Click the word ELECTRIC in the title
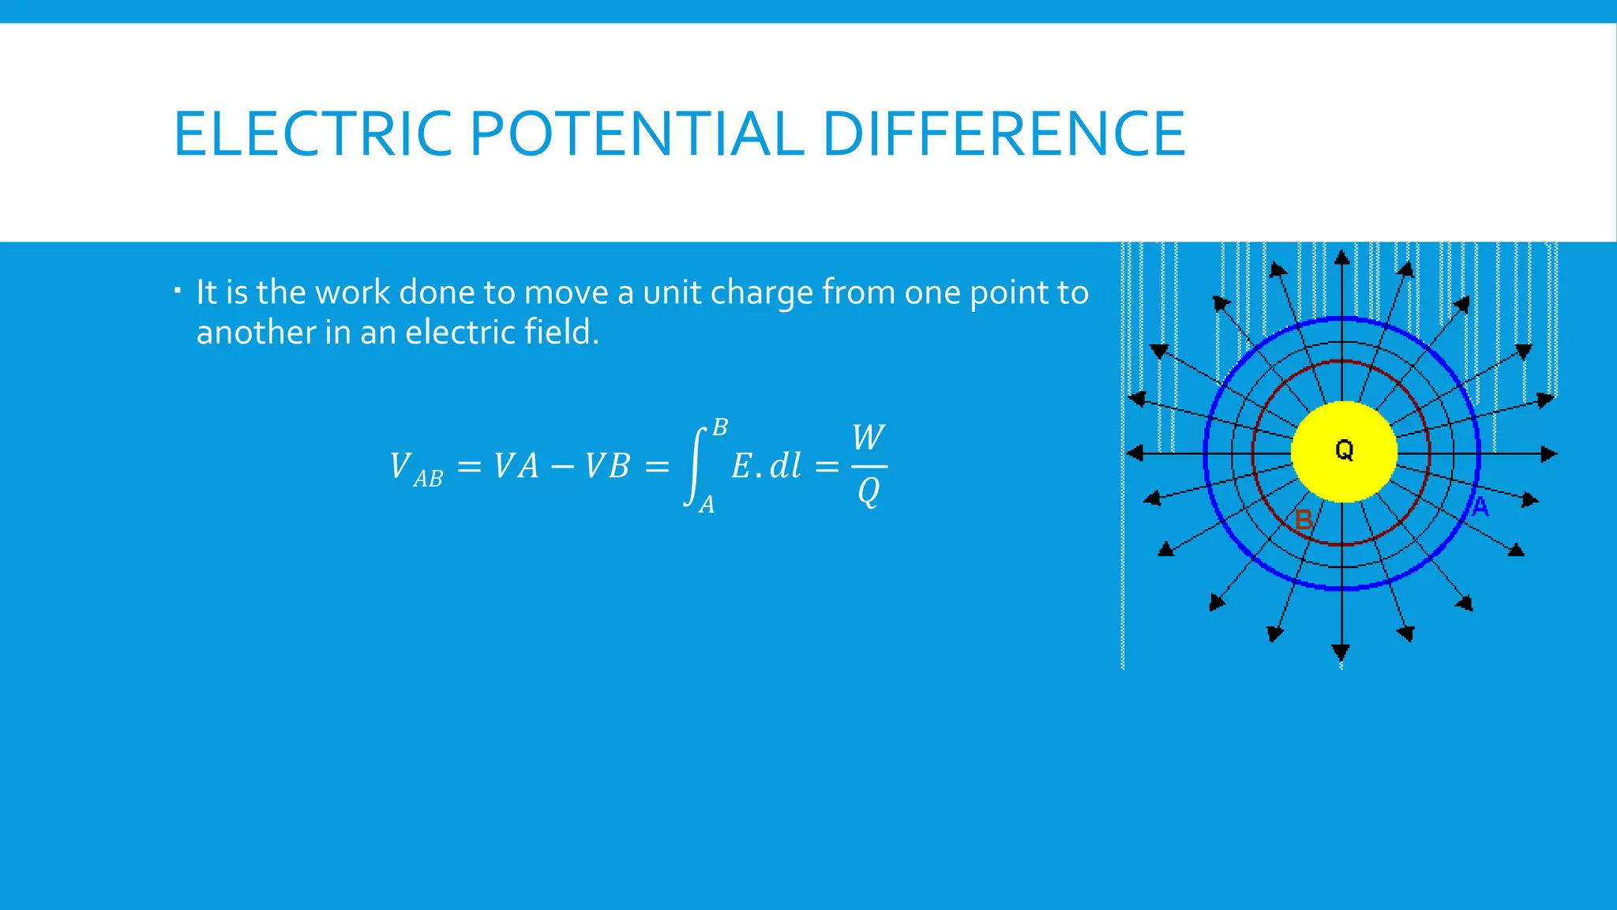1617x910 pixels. [313, 134]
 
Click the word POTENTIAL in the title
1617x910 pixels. [636, 134]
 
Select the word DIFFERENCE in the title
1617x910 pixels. [1004, 134]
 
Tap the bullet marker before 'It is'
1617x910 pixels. [178, 291]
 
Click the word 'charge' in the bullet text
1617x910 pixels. [761, 293]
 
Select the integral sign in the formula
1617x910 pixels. [694, 466]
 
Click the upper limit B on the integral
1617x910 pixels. [719, 428]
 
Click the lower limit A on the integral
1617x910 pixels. [707, 504]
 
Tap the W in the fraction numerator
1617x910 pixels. [869, 438]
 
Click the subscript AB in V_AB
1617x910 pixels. [428, 479]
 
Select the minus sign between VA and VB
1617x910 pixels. [562, 467]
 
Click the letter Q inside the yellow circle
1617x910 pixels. [1344, 450]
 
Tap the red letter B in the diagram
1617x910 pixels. [1304, 520]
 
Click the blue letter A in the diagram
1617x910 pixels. [1480, 507]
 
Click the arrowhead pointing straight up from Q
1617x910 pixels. [1341, 258]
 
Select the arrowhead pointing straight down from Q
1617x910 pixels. [1341, 652]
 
